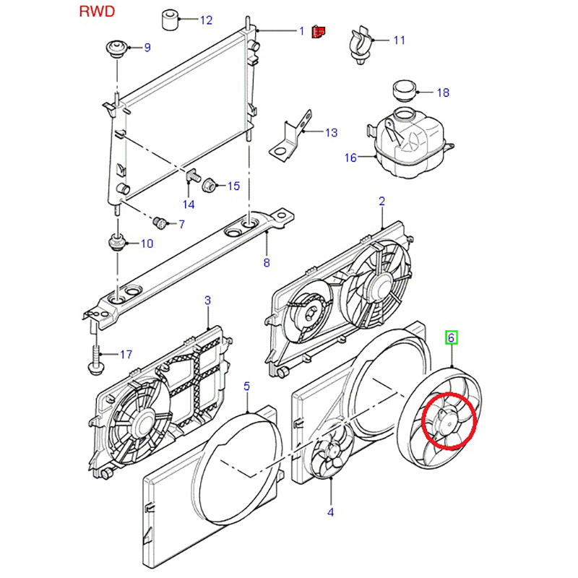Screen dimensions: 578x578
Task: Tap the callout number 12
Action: [186, 20]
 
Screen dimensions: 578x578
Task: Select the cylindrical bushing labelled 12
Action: [171, 20]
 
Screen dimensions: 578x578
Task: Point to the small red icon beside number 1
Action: [319, 31]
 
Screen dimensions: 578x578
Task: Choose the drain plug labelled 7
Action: [161, 220]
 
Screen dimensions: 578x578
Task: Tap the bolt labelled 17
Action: [96, 355]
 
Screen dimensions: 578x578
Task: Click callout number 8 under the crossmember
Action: [266, 263]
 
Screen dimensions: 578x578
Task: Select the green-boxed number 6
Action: [452, 337]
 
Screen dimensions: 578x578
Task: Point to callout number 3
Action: [207, 300]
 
